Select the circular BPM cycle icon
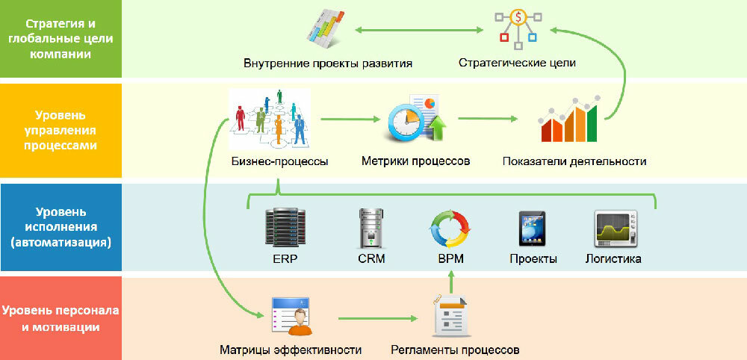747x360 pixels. point(450,229)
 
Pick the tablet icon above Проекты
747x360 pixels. point(533,229)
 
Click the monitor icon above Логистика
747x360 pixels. point(614,229)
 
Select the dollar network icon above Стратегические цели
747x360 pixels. point(517,28)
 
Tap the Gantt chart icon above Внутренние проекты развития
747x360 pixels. point(328,30)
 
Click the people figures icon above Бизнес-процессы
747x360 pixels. point(270,118)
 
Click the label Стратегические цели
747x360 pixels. point(517,63)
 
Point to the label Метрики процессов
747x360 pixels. point(415,161)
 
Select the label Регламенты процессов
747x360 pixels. point(454,350)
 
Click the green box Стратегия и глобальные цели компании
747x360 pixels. point(61,38)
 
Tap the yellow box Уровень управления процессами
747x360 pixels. point(61,131)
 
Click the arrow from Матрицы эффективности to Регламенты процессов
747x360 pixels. point(376,319)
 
